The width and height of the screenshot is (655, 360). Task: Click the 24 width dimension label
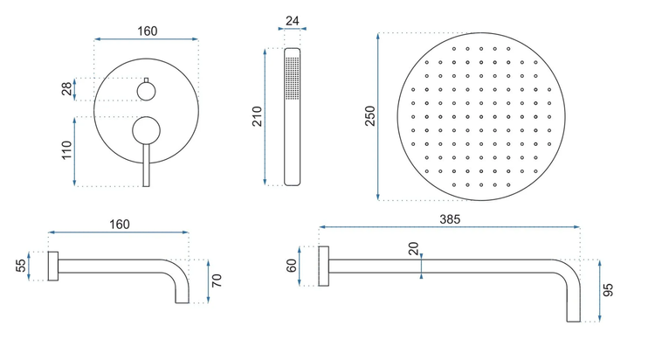tap(292, 21)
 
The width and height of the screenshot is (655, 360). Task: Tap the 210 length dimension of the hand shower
tap(257, 117)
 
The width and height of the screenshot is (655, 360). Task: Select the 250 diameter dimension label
tap(370, 116)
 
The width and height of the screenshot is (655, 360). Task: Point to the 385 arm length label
tap(450, 219)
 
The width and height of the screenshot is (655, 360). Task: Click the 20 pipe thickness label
tap(413, 248)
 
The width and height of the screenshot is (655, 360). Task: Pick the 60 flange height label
tap(291, 266)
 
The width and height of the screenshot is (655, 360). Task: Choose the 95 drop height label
tap(609, 290)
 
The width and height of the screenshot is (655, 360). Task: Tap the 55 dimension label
tap(21, 266)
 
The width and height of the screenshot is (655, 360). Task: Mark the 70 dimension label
tap(217, 280)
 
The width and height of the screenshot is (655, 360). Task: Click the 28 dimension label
tap(67, 88)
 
